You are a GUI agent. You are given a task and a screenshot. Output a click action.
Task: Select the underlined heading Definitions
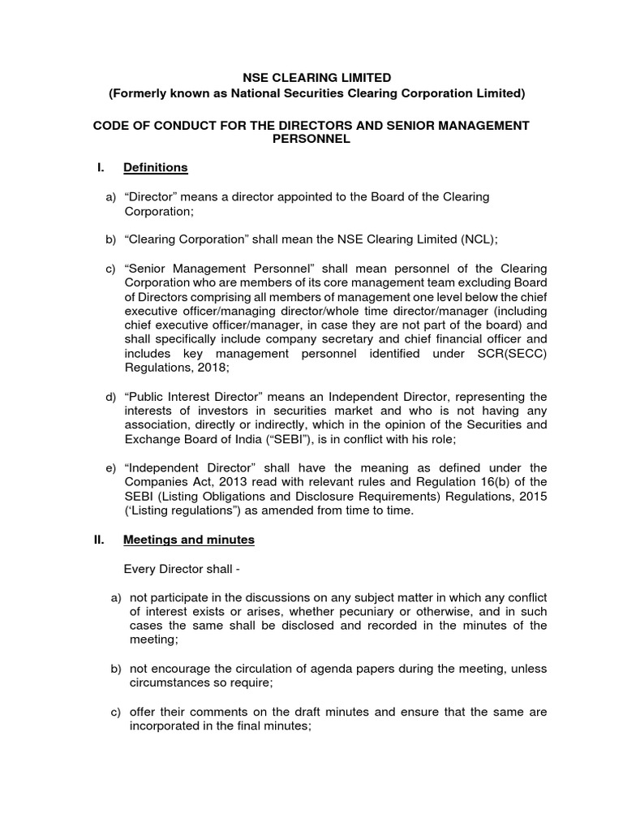[x=155, y=168]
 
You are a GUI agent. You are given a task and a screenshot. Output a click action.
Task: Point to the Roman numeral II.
[x=99, y=540]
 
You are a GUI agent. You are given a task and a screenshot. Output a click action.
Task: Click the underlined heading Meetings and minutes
[x=188, y=540]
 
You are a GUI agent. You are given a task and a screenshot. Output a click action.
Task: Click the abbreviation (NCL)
[x=479, y=239]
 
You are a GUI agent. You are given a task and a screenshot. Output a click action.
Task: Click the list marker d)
[x=111, y=397]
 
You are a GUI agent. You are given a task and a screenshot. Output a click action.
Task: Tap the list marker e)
[x=111, y=468]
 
